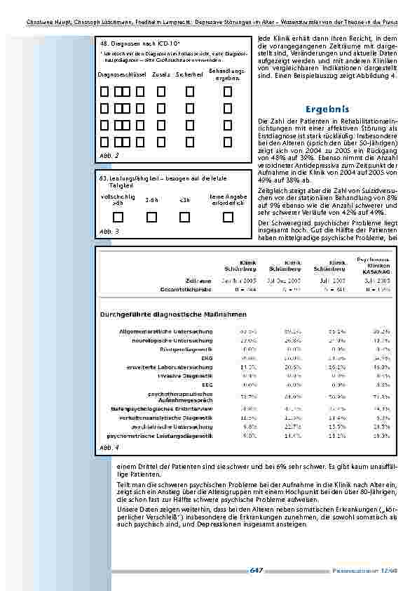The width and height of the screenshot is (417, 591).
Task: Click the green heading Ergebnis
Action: pyautogui.click(x=327, y=110)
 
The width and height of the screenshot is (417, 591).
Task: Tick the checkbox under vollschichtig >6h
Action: pyautogui.click(x=113, y=217)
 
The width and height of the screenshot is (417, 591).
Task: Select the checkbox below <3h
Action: pyautogui.click(x=184, y=217)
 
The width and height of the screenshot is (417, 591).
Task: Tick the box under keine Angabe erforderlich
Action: pyautogui.click(x=228, y=217)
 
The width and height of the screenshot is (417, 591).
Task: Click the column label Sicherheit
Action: pyautogui.click(x=189, y=74)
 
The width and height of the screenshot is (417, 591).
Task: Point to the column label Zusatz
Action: pyautogui.click(x=160, y=74)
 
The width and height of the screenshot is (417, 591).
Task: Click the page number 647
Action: pyautogui.click(x=256, y=570)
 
